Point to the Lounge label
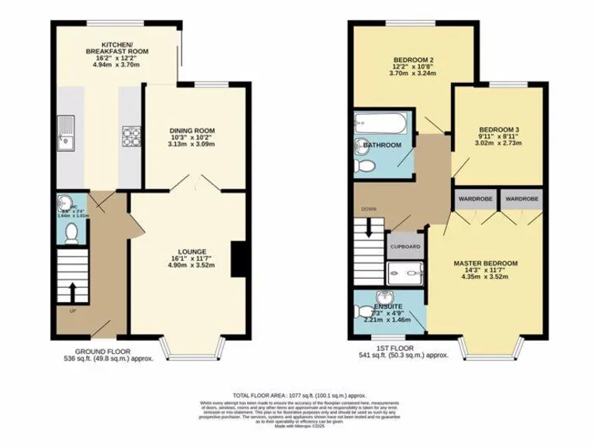[191, 256]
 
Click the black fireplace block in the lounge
[242, 259]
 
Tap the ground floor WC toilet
[71, 231]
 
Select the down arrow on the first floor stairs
[369, 225]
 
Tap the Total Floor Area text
[297, 395]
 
